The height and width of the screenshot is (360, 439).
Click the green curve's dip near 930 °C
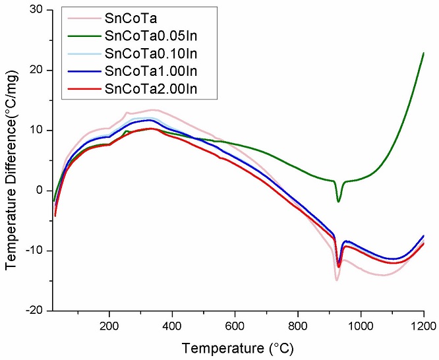339,201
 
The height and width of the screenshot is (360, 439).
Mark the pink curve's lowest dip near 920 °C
337,280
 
